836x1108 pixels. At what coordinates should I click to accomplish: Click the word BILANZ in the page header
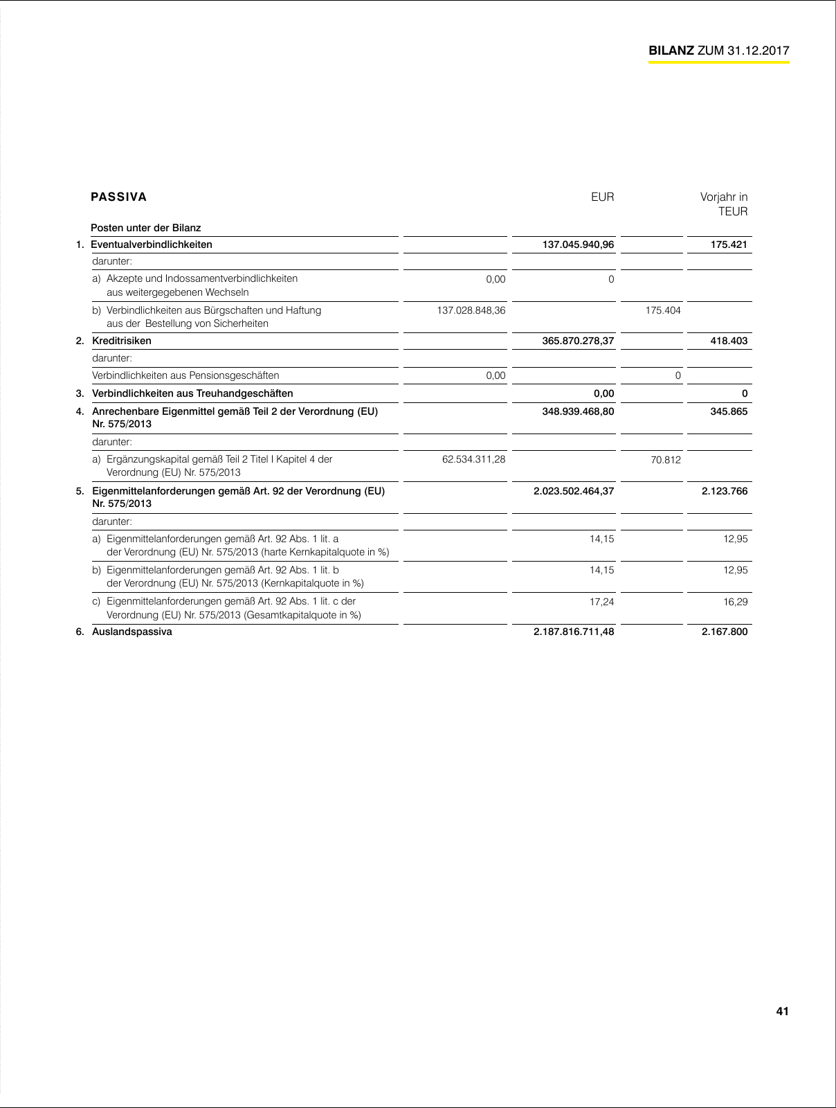pyautogui.click(x=671, y=51)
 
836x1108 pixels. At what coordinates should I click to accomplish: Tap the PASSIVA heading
pyautogui.click(x=119, y=197)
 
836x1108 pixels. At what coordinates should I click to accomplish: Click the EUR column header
pyautogui.click(x=602, y=197)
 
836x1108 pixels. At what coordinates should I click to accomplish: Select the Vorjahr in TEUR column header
pyautogui.click(x=724, y=204)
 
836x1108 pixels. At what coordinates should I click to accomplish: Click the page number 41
pyautogui.click(x=782, y=1011)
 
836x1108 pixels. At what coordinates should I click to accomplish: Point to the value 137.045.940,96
pyautogui.click(x=578, y=244)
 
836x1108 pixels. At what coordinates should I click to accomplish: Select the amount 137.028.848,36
pyautogui.click(x=471, y=310)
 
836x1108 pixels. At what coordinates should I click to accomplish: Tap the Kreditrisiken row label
pyautogui.click(x=122, y=341)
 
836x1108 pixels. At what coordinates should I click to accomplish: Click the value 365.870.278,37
pyautogui.click(x=578, y=341)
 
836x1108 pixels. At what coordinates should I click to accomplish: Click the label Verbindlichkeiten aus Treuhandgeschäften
pyautogui.click(x=192, y=393)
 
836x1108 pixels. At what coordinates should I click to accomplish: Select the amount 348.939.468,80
pyautogui.click(x=578, y=411)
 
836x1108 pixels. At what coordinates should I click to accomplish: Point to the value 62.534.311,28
pyautogui.click(x=473, y=459)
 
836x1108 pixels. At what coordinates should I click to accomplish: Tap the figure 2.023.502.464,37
pyautogui.click(x=574, y=491)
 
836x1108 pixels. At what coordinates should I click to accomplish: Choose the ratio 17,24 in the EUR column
pyautogui.click(x=601, y=602)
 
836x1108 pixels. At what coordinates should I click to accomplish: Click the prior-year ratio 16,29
pyautogui.click(x=736, y=602)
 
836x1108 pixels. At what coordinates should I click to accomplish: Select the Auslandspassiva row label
pyautogui.click(x=132, y=632)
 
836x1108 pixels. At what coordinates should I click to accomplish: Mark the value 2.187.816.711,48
pyautogui.click(x=574, y=632)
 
